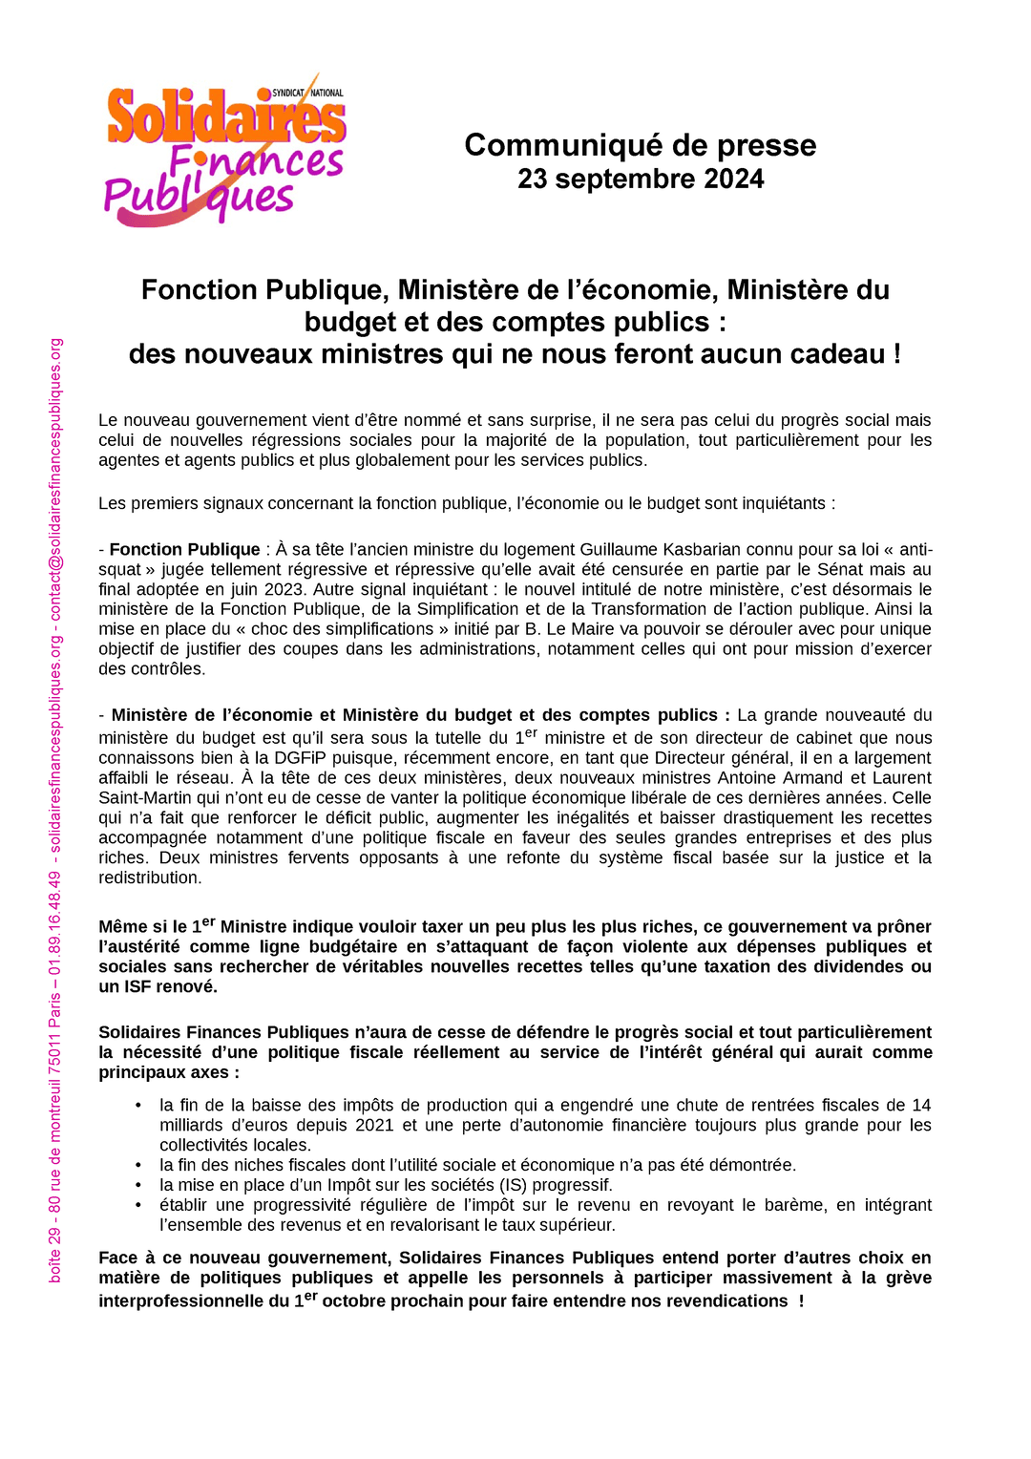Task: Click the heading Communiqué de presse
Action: [640, 145]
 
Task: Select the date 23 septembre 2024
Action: [640, 179]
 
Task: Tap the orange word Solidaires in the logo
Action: [225, 119]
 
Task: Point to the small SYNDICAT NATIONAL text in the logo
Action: [307, 93]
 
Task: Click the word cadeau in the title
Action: [840, 354]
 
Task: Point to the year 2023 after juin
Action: [284, 589]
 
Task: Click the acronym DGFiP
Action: [301, 757]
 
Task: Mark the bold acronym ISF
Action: [138, 986]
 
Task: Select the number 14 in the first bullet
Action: [921, 1105]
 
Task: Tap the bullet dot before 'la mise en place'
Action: [138, 1185]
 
